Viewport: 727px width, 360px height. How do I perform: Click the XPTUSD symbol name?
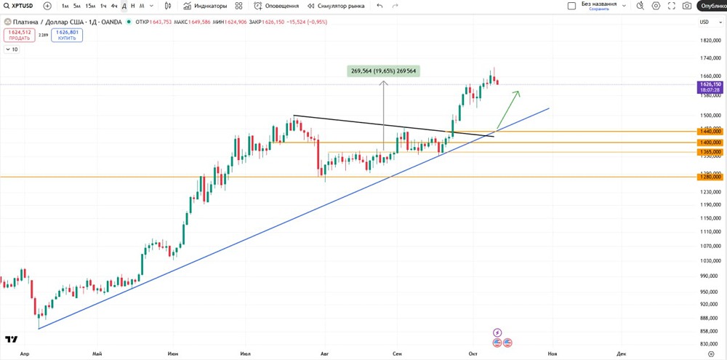click(x=23, y=6)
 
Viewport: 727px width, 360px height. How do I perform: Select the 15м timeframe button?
click(x=90, y=6)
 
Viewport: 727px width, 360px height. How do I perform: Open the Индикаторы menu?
click(x=205, y=6)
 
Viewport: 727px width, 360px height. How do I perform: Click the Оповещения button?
click(x=276, y=6)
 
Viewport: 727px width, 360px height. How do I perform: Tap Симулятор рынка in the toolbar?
click(x=336, y=6)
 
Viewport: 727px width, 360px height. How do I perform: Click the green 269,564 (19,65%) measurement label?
click(x=384, y=71)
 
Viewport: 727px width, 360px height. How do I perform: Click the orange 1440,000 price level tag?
click(x=710, y=132)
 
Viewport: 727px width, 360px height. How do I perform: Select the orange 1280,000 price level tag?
click(x=710, y=177)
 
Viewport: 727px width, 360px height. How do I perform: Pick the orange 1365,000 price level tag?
click(x=710, y=151)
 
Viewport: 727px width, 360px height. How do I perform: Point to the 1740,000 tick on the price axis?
click(x=710, y=57)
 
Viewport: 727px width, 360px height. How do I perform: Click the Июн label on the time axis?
click(x=173, y=353)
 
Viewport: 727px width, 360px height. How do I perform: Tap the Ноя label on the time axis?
click(x=553, y=353)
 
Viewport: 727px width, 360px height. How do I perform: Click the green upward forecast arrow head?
click(x=518, y=92)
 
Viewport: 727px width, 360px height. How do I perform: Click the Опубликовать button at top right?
click(x=713, y=6)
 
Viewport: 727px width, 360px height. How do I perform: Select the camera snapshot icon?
click(x=687, y=6)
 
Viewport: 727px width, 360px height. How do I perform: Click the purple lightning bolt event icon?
click(x=497, y=332)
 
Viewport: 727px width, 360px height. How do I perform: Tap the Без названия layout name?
click(x=599, y=4)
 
